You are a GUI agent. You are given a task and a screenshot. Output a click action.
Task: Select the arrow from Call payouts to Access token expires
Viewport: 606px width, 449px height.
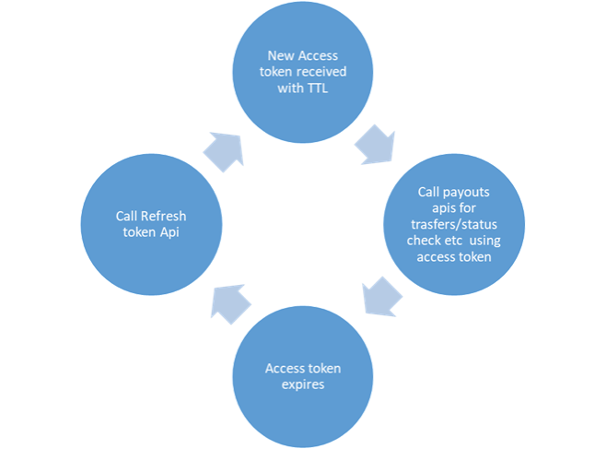[x=379, y=296]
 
